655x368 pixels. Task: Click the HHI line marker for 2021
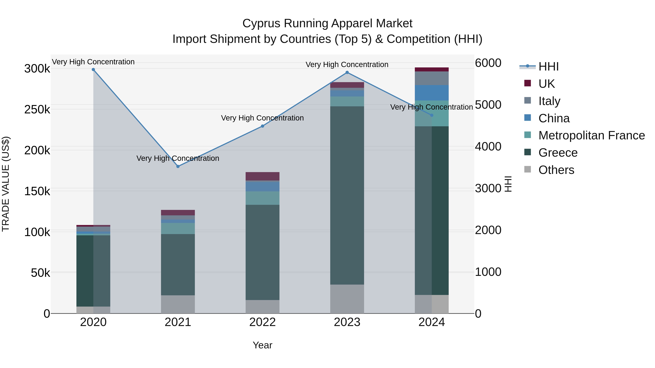(x=178, y=166)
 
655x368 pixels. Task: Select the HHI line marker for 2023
(x=347, y=72)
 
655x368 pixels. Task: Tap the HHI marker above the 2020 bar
(x=93, y=70)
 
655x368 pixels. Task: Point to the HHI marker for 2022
(x=262, y=126)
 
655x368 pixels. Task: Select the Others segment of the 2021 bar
(x=178, y=304)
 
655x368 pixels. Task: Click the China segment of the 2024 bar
(x=432, y=93)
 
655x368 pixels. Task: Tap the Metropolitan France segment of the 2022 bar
(x=262, y=198)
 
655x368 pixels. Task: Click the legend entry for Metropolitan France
(x=592, y=135)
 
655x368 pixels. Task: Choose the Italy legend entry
(x=549, y=101)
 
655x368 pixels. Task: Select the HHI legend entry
(x=548, y=67)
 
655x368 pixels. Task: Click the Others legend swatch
(x=528, y=169)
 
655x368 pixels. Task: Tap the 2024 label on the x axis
(x=432, y=322)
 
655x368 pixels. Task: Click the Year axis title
(x=262, y=345)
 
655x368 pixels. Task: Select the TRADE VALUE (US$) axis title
(x=6, y=184)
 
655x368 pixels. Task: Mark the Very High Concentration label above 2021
(x=178, y=158)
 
